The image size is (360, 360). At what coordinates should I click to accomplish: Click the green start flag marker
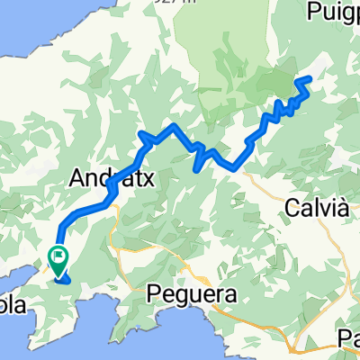pos(59,257)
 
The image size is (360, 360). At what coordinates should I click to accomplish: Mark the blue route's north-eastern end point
pos(310,79)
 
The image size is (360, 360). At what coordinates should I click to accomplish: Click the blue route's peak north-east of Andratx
pos(144,135)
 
